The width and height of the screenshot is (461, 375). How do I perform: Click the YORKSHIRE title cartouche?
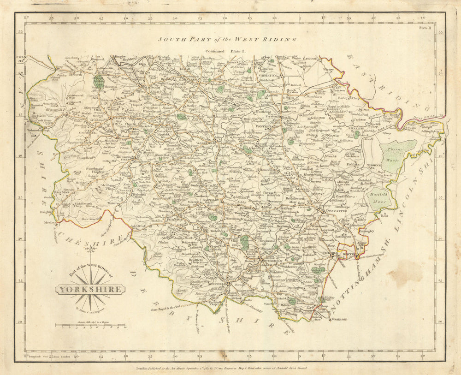[90, 290]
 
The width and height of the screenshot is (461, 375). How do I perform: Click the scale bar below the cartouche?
[90, 326]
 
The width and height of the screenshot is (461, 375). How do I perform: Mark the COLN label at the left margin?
[21, 58]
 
